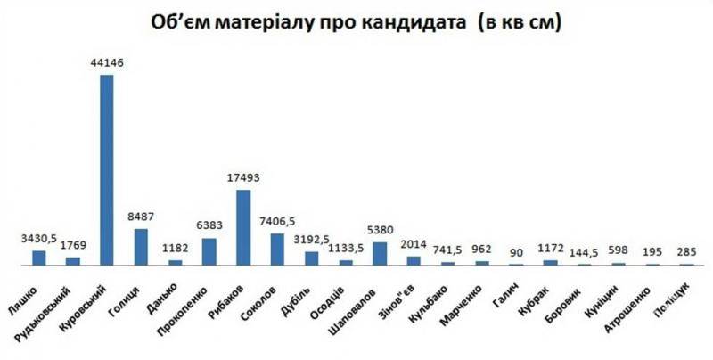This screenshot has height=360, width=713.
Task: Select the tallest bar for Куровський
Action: point(106,169)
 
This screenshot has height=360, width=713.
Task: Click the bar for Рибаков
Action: point(242,227)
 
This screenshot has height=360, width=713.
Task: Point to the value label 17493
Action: point(242,177)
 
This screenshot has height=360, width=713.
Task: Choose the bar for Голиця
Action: point(140,247)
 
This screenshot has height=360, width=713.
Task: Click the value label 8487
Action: point(140,217)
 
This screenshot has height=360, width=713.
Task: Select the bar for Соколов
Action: point(277,249)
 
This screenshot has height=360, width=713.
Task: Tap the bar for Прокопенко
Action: point(209,251)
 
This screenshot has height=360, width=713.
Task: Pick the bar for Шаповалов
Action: point(380,253)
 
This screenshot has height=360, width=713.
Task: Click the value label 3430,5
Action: point(38,239)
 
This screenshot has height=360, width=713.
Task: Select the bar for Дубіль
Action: point(311,258)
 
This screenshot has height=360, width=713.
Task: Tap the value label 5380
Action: point(380,230)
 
